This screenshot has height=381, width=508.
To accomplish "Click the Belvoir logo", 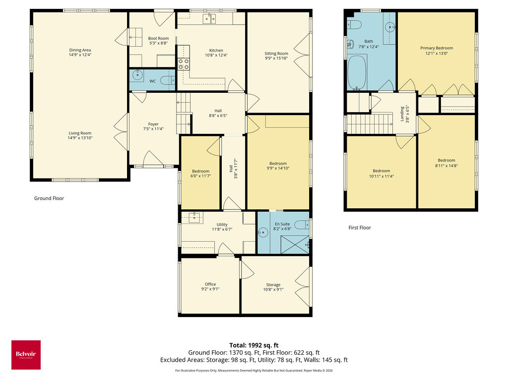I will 26,355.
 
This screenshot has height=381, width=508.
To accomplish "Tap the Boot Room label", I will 158,38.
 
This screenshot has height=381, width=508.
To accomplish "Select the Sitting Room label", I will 276,54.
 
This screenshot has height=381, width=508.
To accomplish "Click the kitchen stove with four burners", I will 184,63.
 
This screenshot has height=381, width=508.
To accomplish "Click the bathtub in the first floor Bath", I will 356,72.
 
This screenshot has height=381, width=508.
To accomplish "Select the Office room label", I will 210,284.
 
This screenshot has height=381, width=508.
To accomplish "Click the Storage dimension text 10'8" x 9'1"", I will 273,290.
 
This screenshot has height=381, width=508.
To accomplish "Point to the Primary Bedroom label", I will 437,48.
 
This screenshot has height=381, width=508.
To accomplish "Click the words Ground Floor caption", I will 49,198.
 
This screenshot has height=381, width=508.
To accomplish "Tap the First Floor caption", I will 360,228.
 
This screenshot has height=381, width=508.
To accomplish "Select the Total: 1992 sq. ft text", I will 254,345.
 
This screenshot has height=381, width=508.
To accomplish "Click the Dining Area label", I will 80,50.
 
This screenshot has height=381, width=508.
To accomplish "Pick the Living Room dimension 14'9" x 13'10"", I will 80,138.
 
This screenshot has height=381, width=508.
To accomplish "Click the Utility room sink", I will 195,216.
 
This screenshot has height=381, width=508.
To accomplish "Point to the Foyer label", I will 153,124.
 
